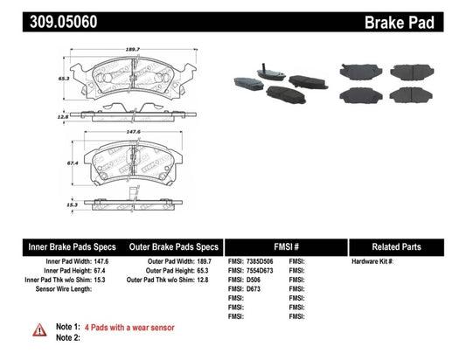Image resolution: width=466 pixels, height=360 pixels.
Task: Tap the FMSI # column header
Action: coord(286,247)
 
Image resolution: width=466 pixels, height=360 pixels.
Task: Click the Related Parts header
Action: coord(406,247)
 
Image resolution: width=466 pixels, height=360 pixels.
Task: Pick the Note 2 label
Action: coord(68,338)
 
